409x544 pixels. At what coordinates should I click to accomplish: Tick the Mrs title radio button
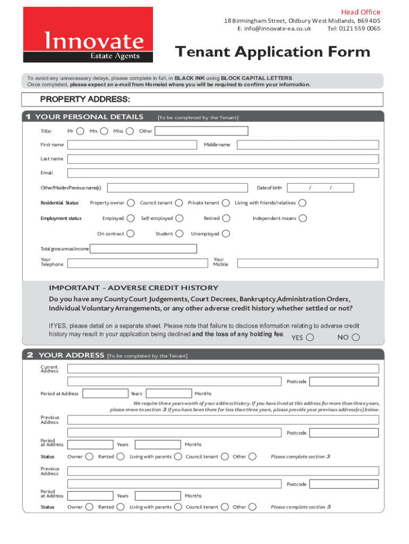click(104, 131)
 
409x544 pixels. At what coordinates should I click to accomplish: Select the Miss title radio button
click(130, 131)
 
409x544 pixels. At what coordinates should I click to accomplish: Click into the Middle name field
click(308, 144)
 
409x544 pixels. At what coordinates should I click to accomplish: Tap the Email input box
click(223, 173)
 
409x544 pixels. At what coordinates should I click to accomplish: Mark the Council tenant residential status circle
click(179, 202)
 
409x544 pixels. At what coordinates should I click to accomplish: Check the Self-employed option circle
click(180, 218)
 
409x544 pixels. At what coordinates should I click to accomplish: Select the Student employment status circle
click(180, 233)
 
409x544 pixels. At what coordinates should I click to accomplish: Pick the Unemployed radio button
click(226, 233)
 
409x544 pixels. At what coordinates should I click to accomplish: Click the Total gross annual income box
click(143, 249)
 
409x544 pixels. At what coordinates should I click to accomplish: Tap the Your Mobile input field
click(308, 263)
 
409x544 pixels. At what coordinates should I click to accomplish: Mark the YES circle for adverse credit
click(310, 337)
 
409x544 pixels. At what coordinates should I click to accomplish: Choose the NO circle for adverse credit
click(356, 337)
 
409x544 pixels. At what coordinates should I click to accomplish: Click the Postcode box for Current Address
click(344, 381)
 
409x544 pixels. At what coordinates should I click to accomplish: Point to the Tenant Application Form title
click(272, 52)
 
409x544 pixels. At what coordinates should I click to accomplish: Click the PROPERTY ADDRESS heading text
click(85, 99)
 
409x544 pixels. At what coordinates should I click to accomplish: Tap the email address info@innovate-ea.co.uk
click(274, 29)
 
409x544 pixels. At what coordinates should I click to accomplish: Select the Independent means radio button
click(303, 218)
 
